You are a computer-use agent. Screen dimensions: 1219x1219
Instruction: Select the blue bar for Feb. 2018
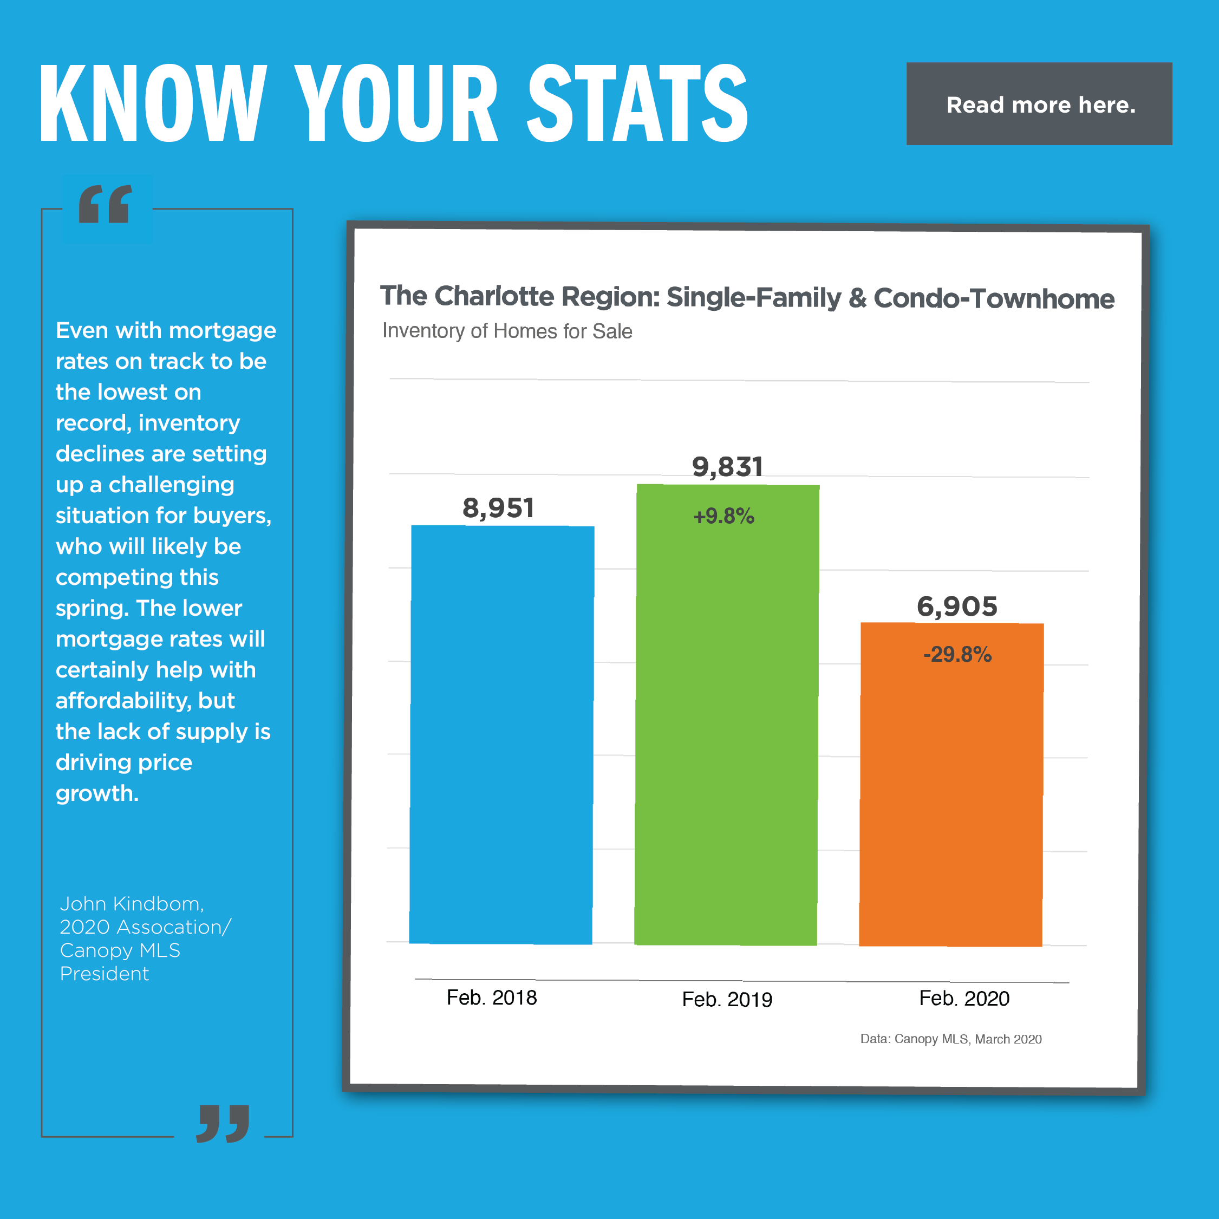[501, 734]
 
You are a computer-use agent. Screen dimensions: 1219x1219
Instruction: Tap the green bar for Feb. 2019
[726, 726]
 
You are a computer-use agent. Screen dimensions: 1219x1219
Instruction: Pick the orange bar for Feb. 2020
[951, 795]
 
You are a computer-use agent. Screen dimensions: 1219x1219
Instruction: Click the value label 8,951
[498, 508]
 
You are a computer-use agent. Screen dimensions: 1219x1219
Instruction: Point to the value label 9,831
[727, 467]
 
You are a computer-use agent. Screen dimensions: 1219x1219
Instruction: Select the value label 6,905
[956, 607]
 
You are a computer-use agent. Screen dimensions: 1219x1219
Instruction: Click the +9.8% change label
[723, 516]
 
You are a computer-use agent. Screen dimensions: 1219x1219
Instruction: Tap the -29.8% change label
[956, 654]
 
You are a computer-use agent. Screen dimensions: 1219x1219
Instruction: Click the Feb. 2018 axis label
[492, 998]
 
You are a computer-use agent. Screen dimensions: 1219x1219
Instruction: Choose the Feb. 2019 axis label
[727, 1000]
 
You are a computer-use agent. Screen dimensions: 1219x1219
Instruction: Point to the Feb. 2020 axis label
[964, 998]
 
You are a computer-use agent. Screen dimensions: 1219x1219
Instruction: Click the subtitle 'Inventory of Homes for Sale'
[507, 331]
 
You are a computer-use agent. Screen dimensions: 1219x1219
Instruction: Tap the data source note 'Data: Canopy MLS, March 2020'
[951, 1039]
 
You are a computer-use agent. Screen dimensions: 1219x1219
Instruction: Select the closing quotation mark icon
[222, 1123]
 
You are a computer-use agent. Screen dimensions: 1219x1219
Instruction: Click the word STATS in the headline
[637, 103]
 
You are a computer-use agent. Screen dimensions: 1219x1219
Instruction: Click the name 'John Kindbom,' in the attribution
[131, 903]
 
